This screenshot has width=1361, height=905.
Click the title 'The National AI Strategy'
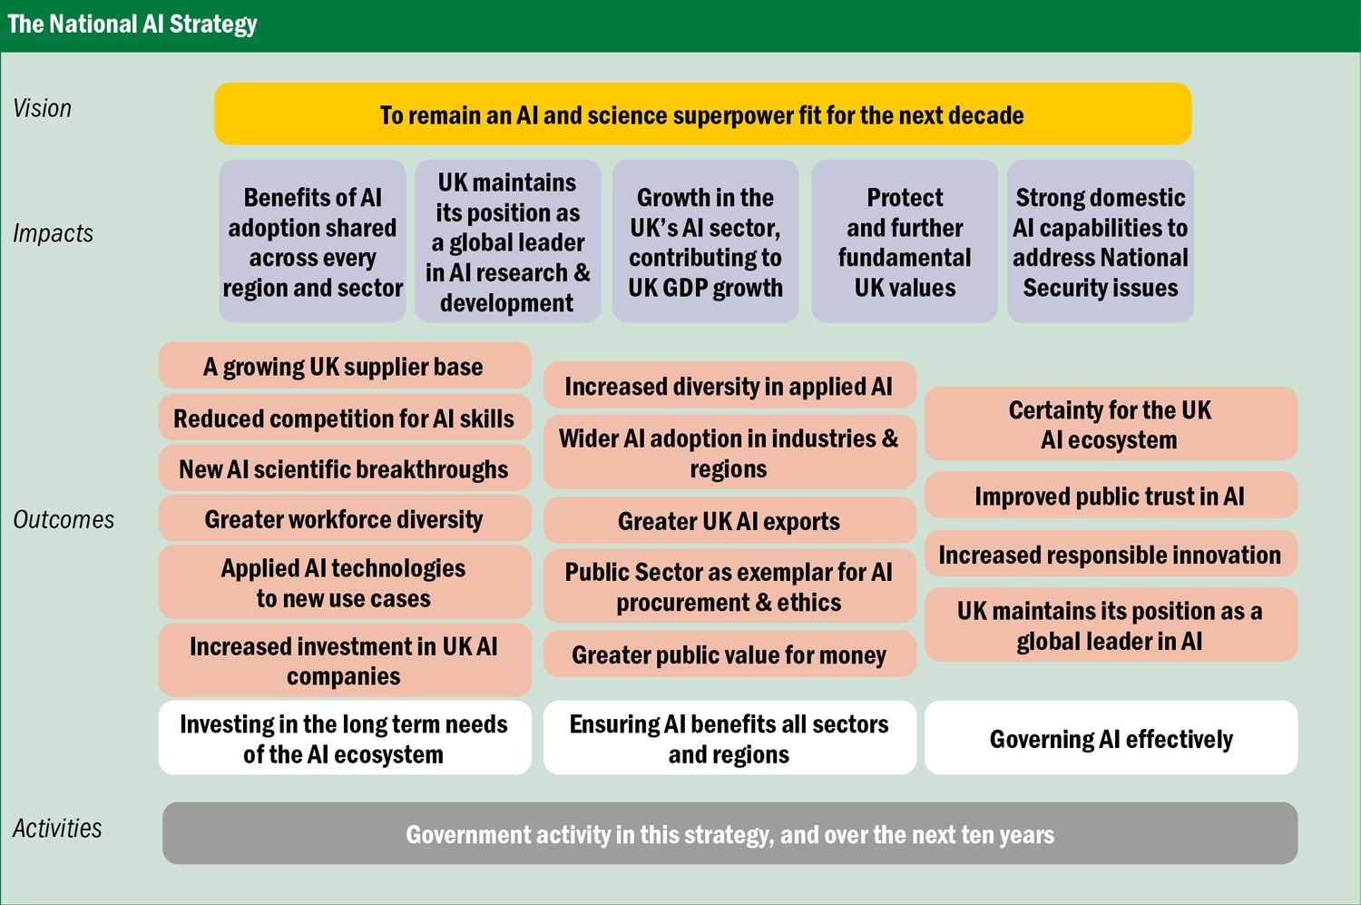pos(132,25)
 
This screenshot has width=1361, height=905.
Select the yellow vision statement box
pos(702,113)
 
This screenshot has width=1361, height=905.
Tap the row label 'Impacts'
pos(53,233)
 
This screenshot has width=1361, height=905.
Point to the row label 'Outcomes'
pos(64,519)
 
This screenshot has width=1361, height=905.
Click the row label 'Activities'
pos(57,829)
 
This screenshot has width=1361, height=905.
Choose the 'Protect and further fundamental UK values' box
pos(904,241)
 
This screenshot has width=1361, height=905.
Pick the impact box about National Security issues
pos(1101,241)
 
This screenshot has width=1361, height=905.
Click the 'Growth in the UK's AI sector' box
pos(705,241)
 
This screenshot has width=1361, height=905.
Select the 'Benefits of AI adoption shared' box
pos(312,241)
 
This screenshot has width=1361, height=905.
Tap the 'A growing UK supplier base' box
pos(345,365)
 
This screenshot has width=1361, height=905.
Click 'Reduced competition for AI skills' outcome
pos(345,418)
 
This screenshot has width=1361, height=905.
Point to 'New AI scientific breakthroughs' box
pos(345,468)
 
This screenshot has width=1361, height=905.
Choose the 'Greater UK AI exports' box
pos(729,520)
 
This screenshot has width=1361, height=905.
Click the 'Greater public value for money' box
pos(729,654)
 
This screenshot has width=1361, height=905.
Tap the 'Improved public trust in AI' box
pos(1111,495)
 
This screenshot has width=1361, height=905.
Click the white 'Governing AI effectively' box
pos(1111,737)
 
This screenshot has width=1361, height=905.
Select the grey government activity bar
pos(729,833)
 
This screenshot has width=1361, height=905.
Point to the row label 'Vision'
pos(42,109)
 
